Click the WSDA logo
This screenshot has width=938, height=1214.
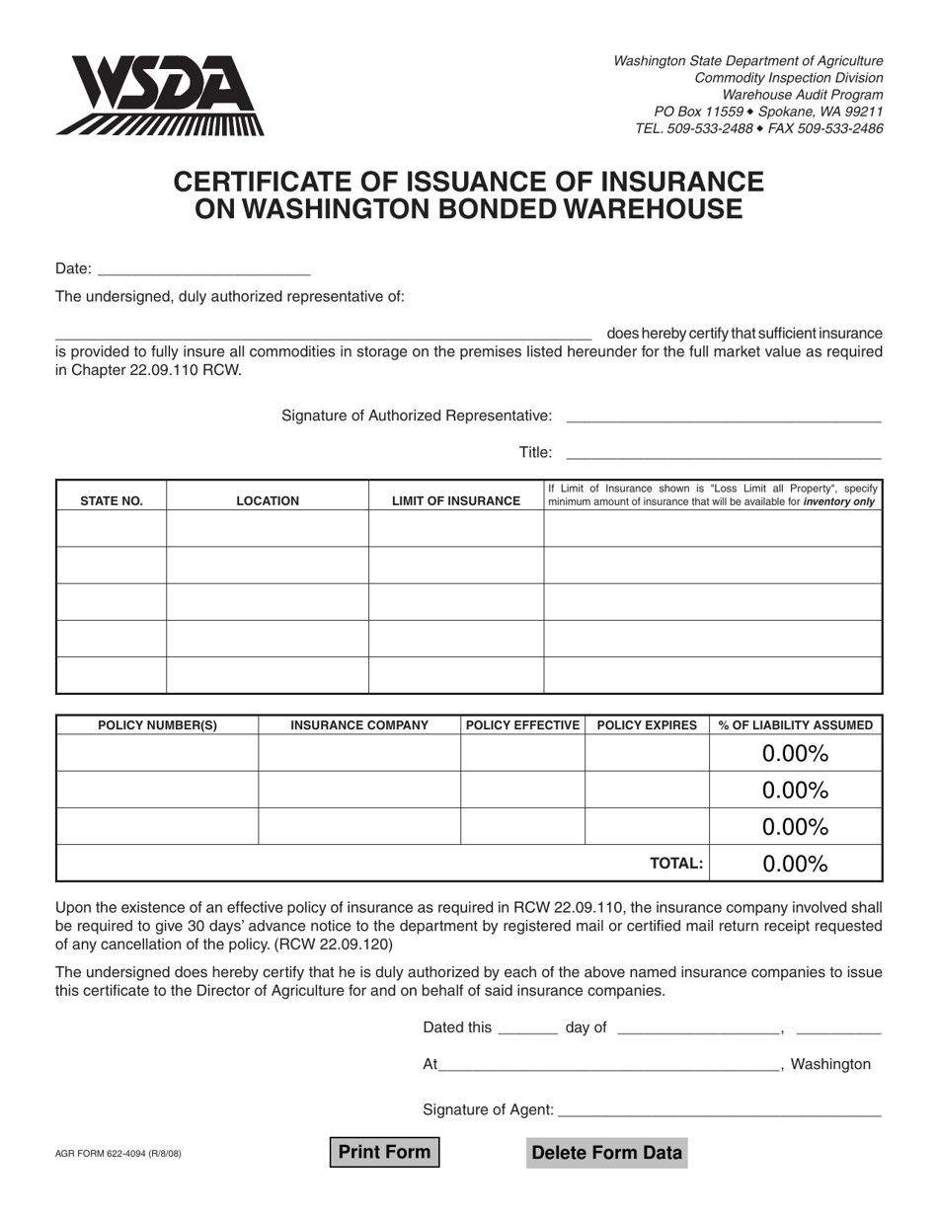[x=161, y=95]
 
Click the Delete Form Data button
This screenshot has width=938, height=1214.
[x=606, y=1153]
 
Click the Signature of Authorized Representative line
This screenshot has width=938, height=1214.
[x=723, y=417]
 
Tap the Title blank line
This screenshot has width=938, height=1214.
[x=723, y=453]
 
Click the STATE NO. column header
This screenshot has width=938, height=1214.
[x=112, y=500]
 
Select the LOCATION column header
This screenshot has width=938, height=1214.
[x=268, y=500]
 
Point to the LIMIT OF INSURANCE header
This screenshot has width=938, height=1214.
[x=456, y=500]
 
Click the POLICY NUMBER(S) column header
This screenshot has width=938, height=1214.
[x=158, y=725]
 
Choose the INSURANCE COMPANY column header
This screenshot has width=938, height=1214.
[x=359, y=725]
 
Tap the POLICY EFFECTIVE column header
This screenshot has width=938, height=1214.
[x=522, y=725]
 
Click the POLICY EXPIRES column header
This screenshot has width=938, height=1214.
[x=647, y=725]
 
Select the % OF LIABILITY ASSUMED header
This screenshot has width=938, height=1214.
[x=796, y=725]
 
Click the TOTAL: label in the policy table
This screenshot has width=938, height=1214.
[x=676, y=864]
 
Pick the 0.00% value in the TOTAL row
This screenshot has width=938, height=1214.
[x=795, y=864]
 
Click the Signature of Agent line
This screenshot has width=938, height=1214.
[x=720, y=1110]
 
